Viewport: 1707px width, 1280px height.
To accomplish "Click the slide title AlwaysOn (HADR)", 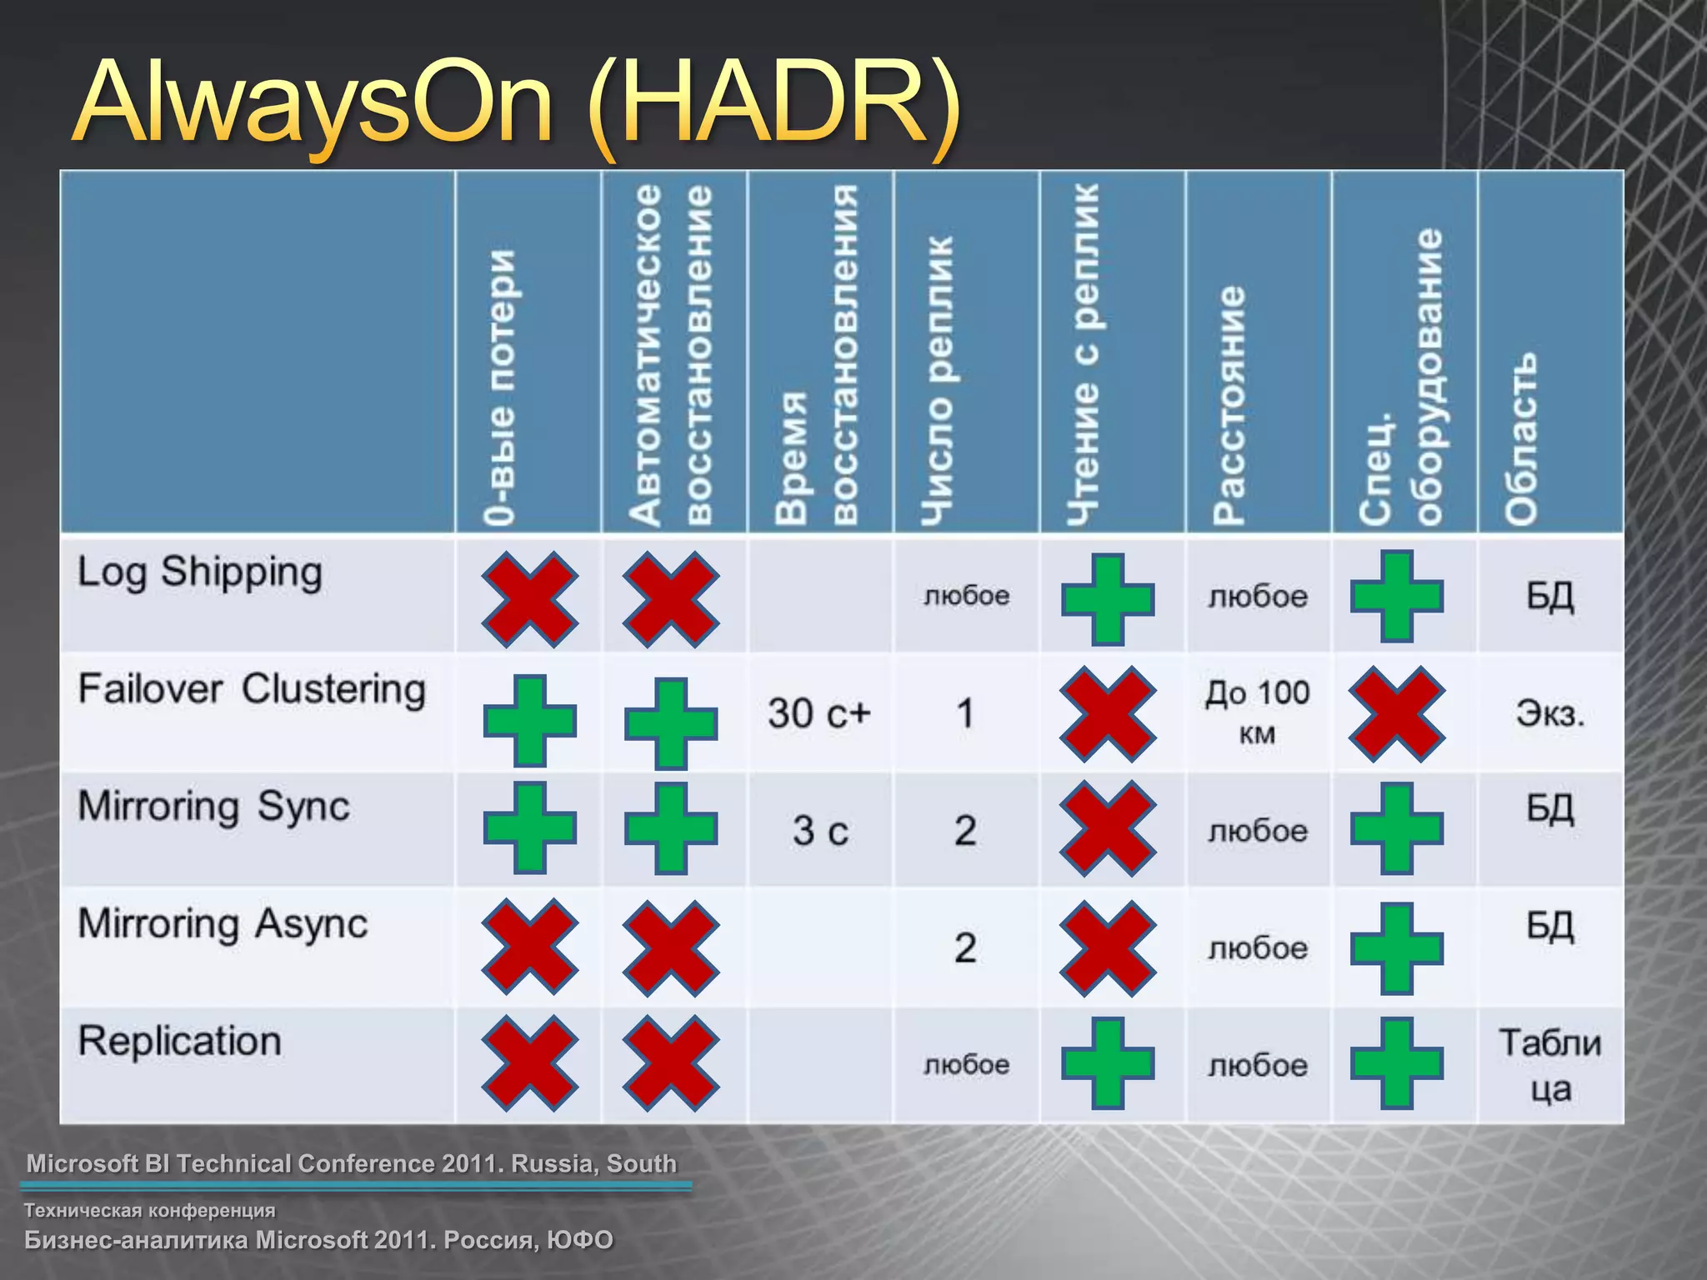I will click(517, 104).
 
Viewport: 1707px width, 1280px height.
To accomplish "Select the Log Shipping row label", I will click(200, 572).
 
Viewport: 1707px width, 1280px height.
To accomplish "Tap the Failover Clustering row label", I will click(252, 690).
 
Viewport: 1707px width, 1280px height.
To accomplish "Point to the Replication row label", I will click(180, 1042).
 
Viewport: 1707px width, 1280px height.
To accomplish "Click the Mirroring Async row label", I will click(223, 924).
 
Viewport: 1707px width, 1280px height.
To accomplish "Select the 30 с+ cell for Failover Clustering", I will click(819, 713).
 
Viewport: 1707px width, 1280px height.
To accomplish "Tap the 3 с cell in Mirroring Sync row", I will click(820, 831).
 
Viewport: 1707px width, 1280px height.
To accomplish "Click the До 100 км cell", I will click(1258, 712).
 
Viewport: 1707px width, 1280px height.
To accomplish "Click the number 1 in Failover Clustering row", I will click(965, 713).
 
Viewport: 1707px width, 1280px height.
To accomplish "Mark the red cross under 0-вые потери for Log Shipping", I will click(529, 598).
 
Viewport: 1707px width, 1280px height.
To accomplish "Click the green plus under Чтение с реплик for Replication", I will click(1108, 1063).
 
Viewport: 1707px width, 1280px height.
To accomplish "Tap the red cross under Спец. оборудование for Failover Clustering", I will click(1397, 713).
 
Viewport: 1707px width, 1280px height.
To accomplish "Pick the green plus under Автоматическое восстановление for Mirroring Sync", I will click(671, 828).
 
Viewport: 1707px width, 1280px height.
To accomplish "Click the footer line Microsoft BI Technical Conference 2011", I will click(352, 1163).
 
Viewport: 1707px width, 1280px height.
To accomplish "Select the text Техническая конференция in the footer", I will click(150, 1210).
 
